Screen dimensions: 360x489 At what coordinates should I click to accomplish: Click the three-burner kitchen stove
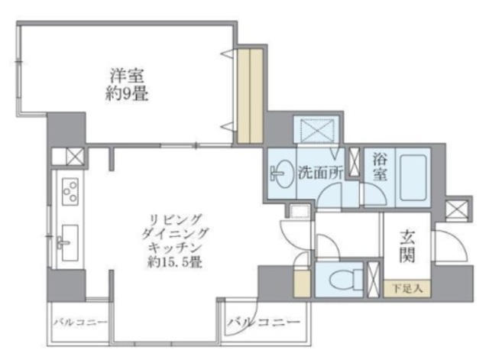pyautogui.click(x=70, y=192)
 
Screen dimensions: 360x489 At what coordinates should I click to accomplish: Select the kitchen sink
pyautogui.click(x=68, y=242)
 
